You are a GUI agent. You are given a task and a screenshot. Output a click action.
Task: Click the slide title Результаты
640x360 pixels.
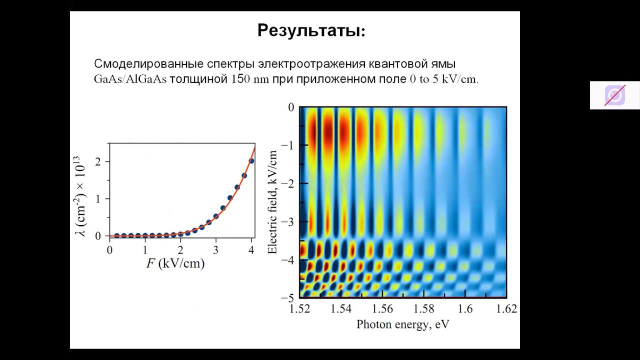[x=311, y=31]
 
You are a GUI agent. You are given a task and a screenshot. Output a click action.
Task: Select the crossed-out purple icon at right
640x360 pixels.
[x=614, y=95]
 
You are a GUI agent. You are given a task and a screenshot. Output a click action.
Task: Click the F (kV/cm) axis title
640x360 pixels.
[x=175, y=263]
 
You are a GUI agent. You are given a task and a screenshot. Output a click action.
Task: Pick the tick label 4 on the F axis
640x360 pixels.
[x=251, y=250]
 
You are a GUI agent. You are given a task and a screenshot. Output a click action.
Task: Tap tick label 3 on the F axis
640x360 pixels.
[x=215, y=250]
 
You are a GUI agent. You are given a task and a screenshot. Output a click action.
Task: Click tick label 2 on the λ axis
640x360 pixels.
[x=98, y=162]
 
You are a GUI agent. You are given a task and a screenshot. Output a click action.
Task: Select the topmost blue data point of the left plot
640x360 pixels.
[x=251, y=161]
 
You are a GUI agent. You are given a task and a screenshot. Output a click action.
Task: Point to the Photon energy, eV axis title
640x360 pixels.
[x=402, y=324]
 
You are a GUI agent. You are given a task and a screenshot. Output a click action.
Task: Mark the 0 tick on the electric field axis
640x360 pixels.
[x=291, y=107]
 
